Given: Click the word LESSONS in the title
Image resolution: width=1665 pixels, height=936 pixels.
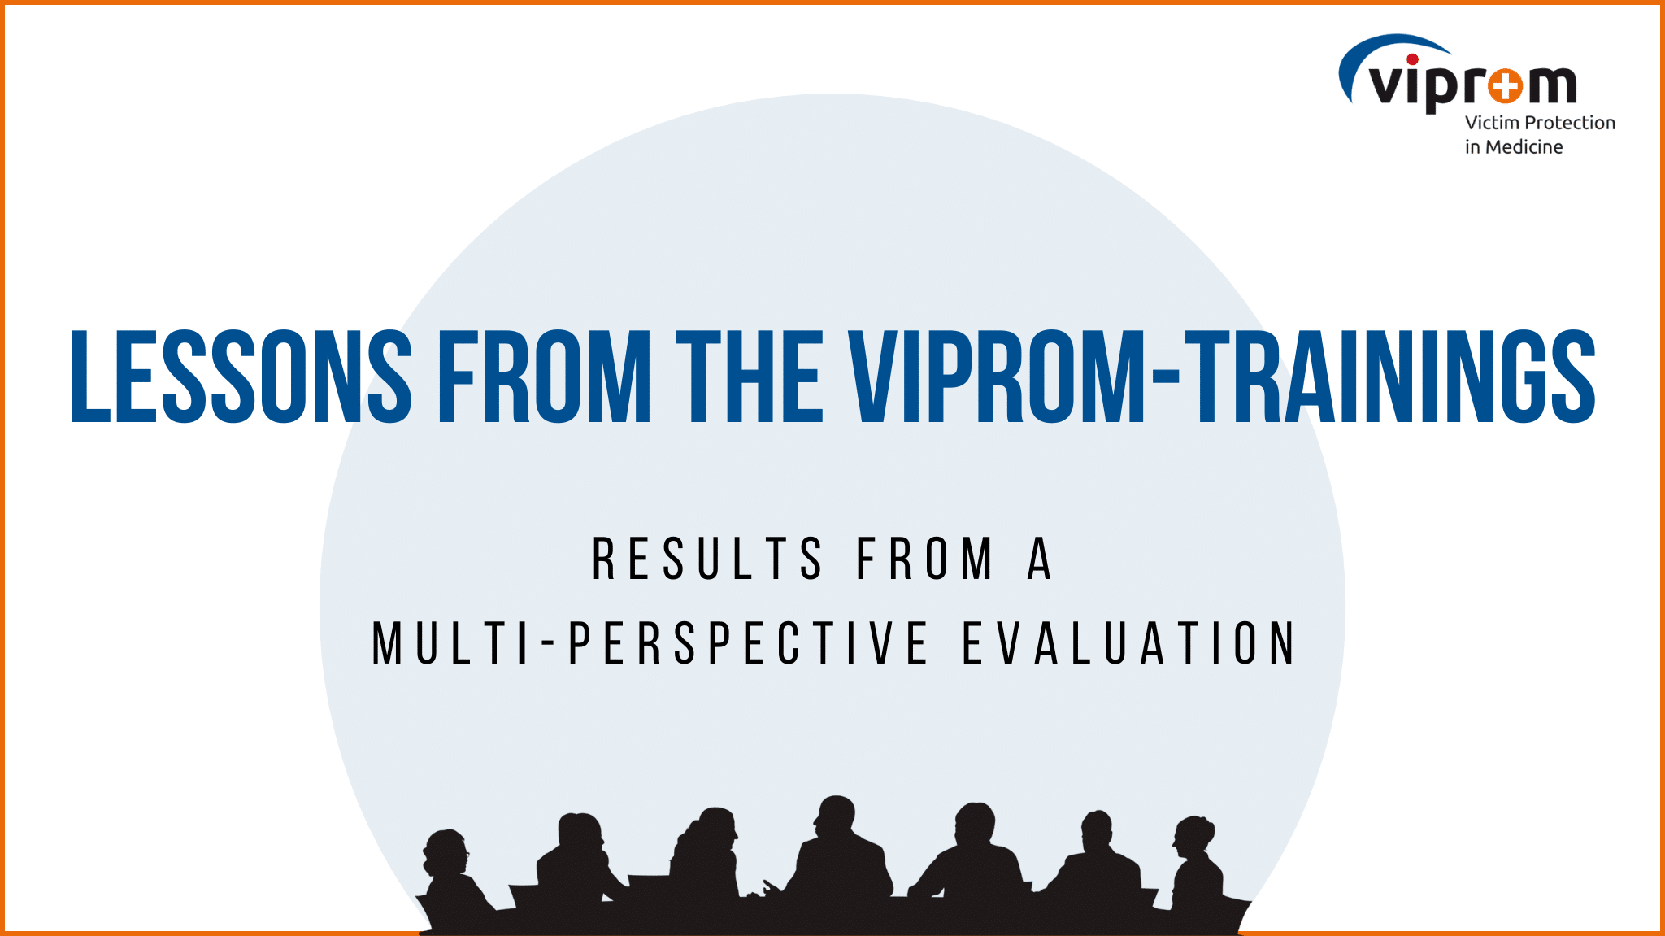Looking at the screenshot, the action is (x=242, y=377).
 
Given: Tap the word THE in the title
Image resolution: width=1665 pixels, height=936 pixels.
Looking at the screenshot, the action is (x=750, y=377).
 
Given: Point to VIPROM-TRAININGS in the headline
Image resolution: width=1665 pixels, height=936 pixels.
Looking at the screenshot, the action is (x=1222, y=377).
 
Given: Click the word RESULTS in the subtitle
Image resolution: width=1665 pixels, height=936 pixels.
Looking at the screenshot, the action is (x=708, y=559).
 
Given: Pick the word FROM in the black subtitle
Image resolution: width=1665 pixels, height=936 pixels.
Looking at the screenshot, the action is (x=925, y=559).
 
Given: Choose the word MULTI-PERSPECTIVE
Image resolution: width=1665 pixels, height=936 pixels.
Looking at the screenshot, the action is (x=650, y=643).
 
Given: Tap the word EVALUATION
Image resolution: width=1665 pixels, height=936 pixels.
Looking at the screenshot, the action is (x=1129, y=643).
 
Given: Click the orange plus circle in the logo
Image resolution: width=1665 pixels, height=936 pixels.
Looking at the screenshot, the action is (x=1506, y=85).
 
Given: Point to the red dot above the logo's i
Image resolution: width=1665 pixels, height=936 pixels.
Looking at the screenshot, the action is (x=1412, y=59).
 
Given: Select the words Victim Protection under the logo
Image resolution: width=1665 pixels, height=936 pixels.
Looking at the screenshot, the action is (x=1540, y=123).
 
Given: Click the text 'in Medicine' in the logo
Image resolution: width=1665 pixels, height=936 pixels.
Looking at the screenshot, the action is (x=1514, y=147).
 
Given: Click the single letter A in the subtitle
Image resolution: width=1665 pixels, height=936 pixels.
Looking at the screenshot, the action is (x=1040, y=559).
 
